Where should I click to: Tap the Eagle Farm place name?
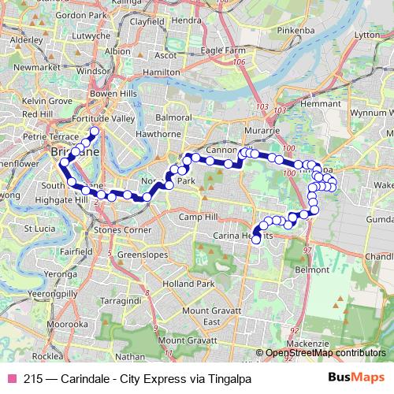click(223, 50)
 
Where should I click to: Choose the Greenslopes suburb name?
click(141, 255)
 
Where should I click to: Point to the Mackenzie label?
click(307, 344)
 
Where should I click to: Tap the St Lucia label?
click(38, 229)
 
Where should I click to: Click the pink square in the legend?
click(11, 379)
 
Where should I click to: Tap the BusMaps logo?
click(356, 378)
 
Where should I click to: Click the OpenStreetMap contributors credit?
click(325, 352)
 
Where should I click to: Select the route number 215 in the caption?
click(33, 379)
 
